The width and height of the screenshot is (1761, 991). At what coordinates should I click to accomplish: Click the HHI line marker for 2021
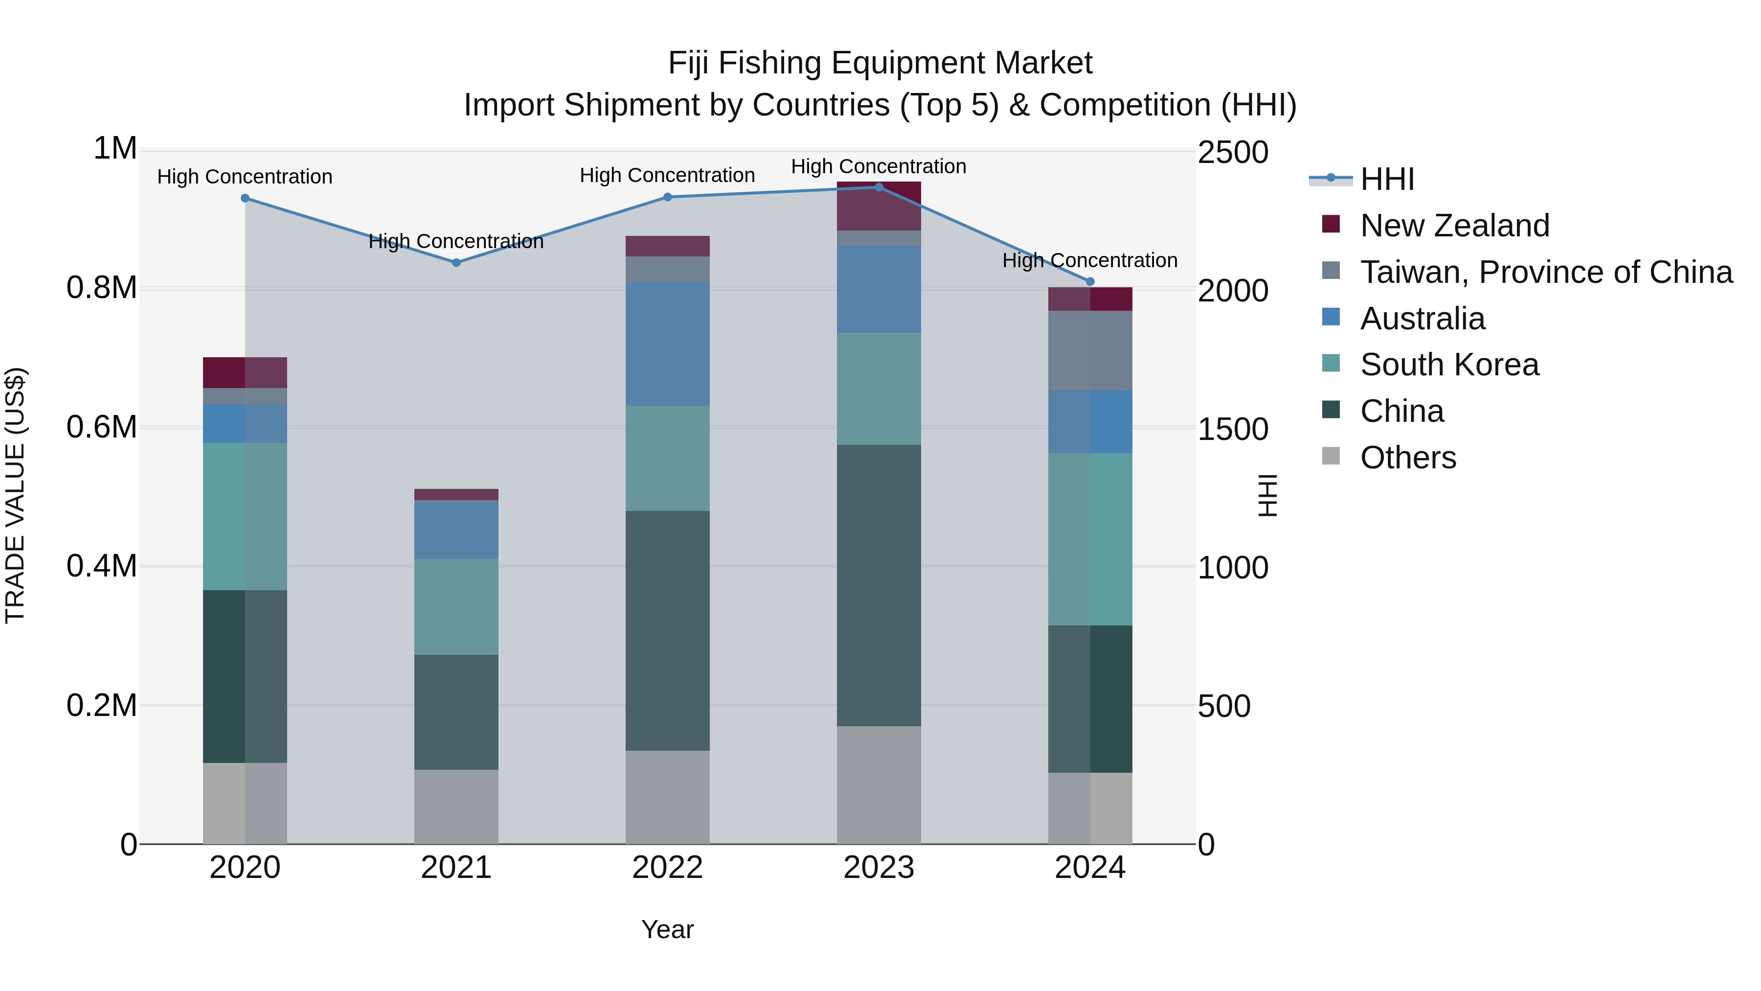point(456,263)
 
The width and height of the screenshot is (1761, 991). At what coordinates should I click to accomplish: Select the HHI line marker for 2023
point(879,187)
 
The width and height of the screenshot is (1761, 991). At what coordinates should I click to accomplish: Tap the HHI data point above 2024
point(1090,282)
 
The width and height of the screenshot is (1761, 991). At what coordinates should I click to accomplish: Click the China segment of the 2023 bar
point(879,585)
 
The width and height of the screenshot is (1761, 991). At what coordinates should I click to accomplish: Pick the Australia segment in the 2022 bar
point(668,344)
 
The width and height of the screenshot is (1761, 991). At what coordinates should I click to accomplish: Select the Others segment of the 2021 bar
point(456,807)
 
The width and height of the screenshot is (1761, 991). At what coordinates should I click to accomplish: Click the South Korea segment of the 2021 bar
point(456,607)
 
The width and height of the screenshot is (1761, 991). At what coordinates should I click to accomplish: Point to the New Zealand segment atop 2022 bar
point(668,246)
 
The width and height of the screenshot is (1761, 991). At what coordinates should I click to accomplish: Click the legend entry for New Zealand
point(1454,226)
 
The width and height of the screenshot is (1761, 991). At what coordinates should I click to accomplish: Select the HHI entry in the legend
point(1386,179)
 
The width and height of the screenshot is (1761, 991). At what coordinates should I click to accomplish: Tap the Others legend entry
point(1407,458)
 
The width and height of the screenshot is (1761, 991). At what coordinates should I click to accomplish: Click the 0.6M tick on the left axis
point(102,427)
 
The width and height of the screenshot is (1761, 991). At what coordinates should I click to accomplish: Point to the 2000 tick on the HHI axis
point(1233,291)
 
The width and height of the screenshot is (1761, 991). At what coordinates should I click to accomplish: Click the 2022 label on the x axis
point(668,868)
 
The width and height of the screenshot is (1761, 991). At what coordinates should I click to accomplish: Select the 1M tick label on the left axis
point(115,149)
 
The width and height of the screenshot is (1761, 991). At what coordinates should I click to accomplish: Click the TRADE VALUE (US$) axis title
point(15,495)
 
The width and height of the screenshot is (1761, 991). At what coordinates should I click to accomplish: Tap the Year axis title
point(667,929)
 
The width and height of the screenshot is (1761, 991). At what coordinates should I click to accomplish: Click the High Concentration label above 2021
point(456,241)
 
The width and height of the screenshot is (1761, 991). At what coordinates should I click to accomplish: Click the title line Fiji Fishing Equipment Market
point(880,63)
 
